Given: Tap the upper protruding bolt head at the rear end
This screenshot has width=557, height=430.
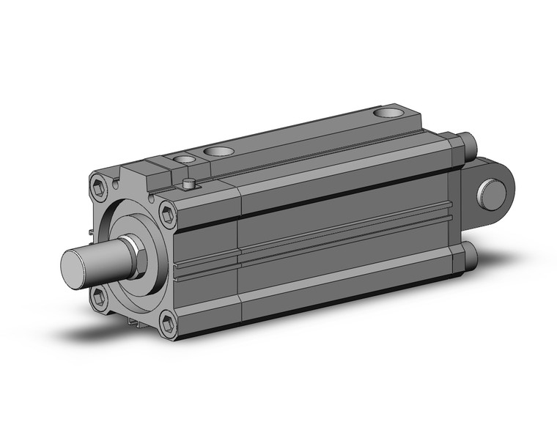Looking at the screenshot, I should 465,141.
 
